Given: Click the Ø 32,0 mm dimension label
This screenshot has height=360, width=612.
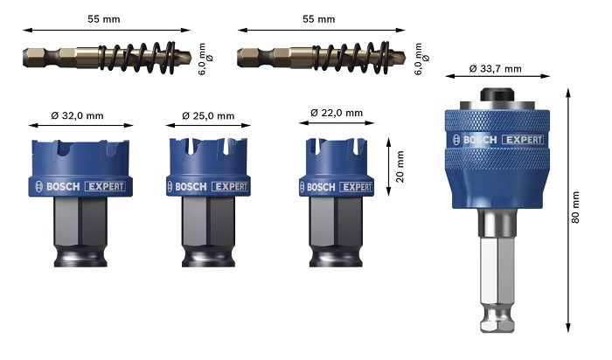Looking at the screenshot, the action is tap(77, 115).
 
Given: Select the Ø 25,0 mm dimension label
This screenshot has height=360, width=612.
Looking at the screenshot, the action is tap(208, 115).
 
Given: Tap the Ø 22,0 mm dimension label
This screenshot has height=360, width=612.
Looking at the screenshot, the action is tap(337, 113).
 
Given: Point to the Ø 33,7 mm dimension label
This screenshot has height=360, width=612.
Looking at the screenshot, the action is tap(496, 69).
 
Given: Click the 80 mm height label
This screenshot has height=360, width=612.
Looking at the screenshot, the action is tap(575, 207).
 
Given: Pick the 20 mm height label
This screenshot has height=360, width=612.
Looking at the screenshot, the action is tap(400, 167).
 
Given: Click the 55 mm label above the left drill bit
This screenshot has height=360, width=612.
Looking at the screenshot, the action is tap(104, 19).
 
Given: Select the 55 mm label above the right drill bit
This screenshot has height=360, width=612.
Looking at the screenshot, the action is tap(319, 19).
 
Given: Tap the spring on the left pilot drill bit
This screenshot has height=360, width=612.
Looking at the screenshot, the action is tap(137, 58).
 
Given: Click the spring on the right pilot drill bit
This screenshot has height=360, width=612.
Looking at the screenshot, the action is tap(351, 58).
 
